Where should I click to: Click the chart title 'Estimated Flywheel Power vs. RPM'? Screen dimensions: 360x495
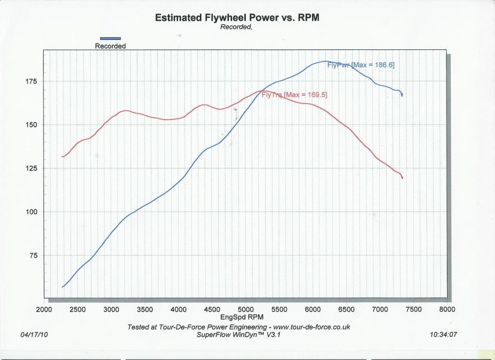237,18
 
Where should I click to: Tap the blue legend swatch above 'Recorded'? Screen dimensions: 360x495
110,39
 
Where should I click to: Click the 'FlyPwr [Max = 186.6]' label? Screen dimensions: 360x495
361,65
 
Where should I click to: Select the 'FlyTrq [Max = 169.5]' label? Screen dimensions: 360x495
294,95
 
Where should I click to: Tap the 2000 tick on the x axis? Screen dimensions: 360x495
44,310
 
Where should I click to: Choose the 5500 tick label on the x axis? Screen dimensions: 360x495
279,310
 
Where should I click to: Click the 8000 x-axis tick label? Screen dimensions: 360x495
447,310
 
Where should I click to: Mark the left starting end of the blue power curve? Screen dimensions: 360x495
62,287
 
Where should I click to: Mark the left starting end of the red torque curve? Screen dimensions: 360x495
62,157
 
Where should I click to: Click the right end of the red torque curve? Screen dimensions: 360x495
402,178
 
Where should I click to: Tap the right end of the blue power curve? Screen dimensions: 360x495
402,95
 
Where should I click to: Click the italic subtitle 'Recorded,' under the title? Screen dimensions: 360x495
236,27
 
